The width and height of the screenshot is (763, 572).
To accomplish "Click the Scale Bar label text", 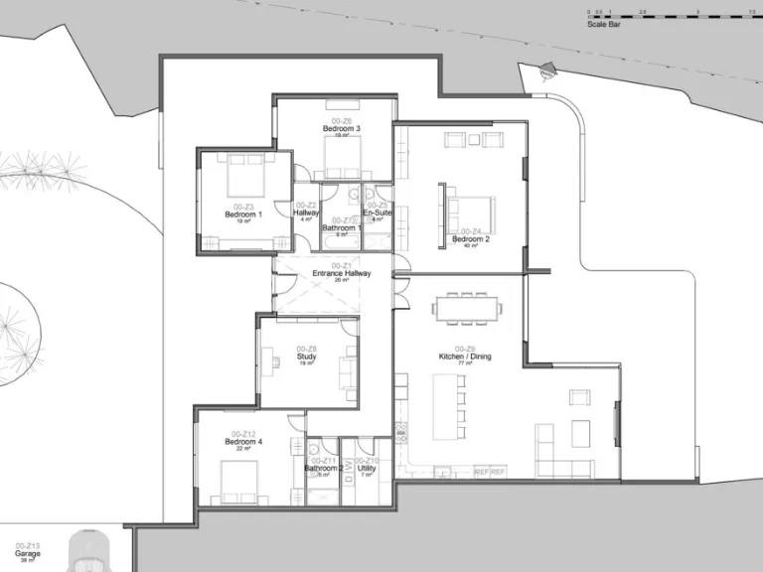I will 604,24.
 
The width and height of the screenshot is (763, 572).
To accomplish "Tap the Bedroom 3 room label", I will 342,129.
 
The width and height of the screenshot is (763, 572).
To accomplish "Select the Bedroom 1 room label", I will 243,214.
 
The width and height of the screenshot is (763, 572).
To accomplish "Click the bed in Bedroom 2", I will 465,210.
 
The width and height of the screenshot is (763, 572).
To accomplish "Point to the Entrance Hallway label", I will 342,273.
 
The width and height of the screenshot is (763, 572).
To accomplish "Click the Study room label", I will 306,357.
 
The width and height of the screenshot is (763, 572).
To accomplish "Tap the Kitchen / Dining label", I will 465,357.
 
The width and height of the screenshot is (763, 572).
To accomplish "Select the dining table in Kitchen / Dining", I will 466,309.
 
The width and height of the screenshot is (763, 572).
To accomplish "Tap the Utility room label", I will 367,468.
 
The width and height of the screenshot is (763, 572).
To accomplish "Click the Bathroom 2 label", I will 324,468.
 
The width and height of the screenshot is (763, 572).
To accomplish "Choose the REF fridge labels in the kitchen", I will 490,472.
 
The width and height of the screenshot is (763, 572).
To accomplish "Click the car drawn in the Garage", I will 91,552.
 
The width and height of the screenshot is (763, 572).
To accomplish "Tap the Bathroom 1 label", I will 342,227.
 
